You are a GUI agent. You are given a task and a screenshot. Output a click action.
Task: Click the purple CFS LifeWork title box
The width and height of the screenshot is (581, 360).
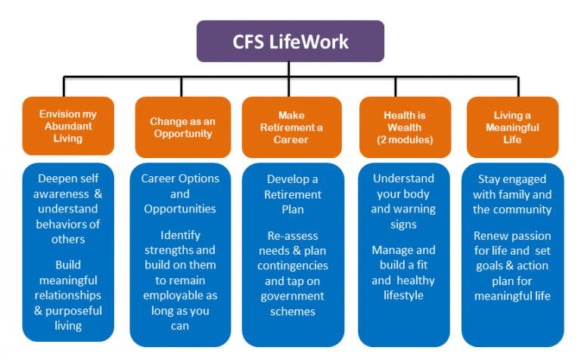[x=290, y=41]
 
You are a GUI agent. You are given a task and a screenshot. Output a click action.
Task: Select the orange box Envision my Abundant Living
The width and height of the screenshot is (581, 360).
[x=68, y=126]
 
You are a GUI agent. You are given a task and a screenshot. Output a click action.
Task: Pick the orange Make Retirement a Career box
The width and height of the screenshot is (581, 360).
[x=290, y=126]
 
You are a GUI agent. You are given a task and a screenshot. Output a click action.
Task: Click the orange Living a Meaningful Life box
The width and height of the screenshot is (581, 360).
[x=512, y=126]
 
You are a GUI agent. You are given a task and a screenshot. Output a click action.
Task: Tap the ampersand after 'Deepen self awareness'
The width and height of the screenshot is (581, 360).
[x=99, y=194]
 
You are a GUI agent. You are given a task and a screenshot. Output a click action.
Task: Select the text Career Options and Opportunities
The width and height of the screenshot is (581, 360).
[x=180, y=193]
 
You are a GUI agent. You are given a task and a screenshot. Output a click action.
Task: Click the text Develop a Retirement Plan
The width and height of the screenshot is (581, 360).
[x=291, y=193]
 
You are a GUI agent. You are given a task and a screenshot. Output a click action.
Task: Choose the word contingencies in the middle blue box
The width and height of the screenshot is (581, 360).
[x=292, y=265]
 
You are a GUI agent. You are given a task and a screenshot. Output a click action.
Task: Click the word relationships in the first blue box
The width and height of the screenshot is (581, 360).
[x=68, y=295]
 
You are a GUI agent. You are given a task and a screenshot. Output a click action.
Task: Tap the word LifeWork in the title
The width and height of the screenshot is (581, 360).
[x=309, y=41]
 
